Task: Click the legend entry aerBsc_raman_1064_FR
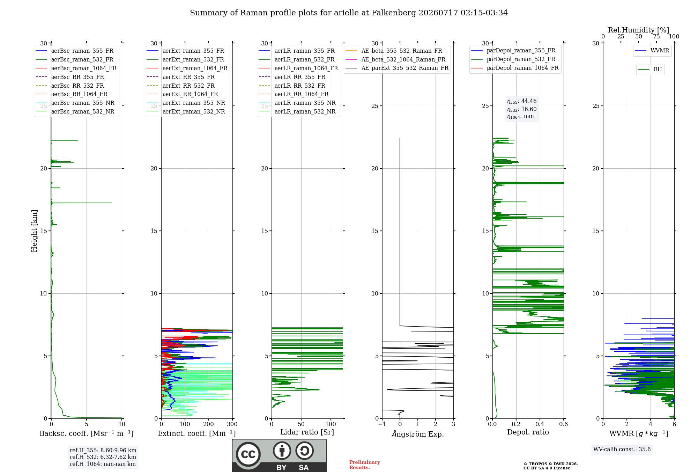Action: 76,68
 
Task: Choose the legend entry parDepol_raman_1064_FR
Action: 515,68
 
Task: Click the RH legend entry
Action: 650,70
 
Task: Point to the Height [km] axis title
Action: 34,231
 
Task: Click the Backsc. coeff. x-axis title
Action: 87,433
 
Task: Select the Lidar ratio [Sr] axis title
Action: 307,432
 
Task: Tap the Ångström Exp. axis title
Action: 418,433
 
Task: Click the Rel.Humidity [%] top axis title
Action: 639,30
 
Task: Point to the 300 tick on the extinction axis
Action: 232,424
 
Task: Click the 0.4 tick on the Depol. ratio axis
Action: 540,424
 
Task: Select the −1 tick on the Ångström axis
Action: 382,424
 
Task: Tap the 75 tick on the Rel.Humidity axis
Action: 656,36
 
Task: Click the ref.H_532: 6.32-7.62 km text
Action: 103,457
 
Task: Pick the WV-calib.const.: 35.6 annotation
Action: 622,449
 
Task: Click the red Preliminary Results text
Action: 365,465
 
